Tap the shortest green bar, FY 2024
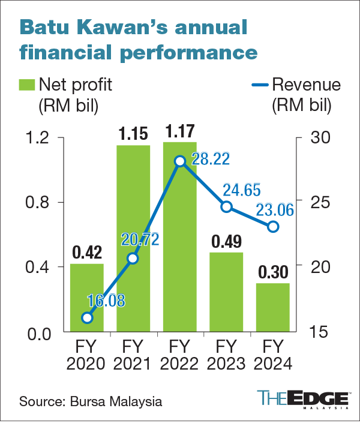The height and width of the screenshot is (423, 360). (x=272, y=307)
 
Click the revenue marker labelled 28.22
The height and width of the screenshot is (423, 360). (x=179, y=161)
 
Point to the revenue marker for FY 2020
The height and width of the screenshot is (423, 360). (x=87, y=318)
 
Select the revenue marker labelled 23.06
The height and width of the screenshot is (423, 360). (x=273, y=227)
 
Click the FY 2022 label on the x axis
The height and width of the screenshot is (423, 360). (x=179, y=355)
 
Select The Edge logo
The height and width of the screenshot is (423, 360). (x=304, y=400)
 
